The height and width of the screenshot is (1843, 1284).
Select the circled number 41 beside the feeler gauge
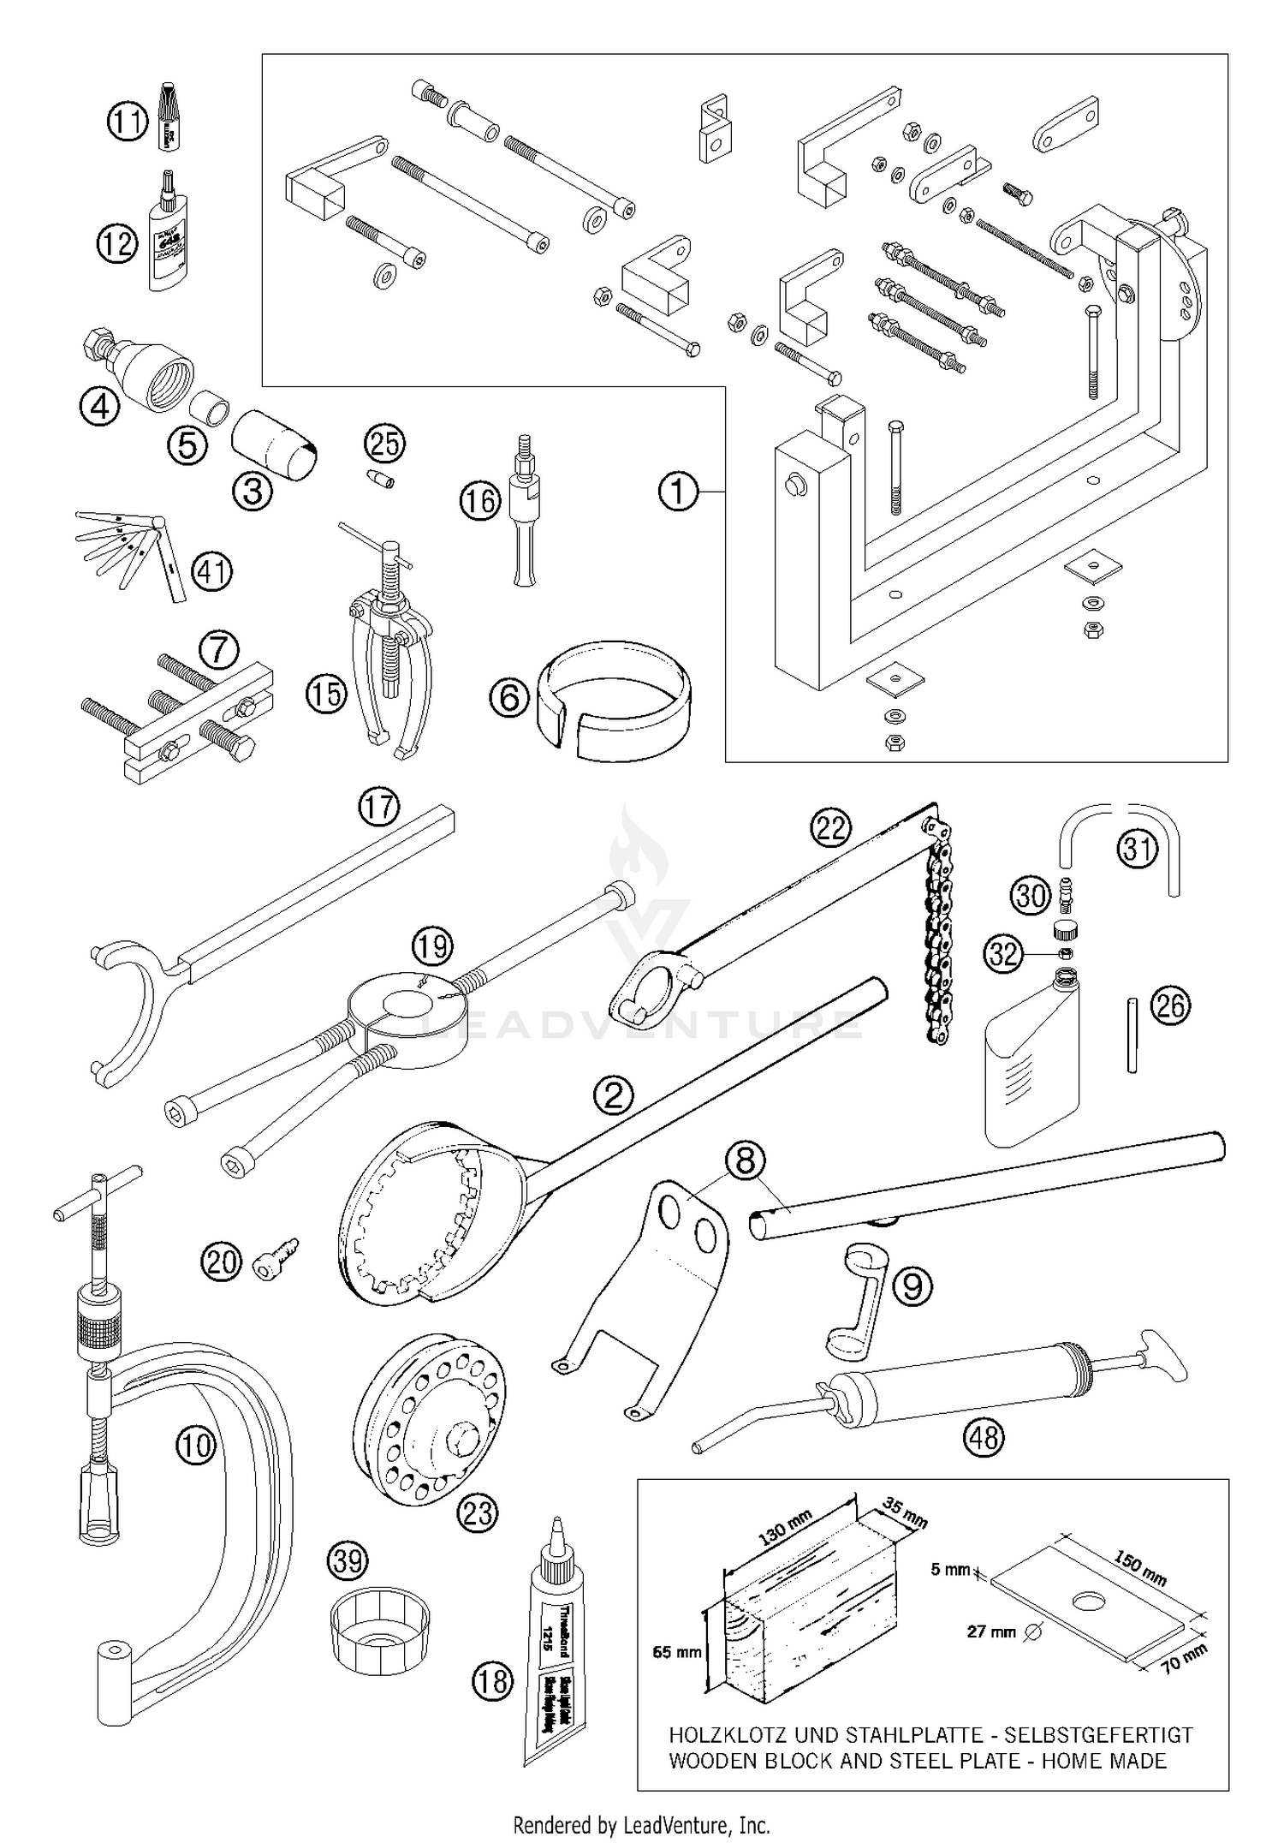(211, 571)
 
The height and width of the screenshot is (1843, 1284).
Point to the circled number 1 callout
(678, 492)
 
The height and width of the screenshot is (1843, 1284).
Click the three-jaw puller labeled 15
(390, 651)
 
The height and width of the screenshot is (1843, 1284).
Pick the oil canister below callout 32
(1031, 1066)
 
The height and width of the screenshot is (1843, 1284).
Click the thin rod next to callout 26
(1132, 1034)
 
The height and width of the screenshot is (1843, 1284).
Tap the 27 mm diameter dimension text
(992, 1632)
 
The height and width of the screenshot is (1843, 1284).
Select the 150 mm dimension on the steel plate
(1140, 1566)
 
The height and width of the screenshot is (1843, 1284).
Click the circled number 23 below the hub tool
(478, 1513)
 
